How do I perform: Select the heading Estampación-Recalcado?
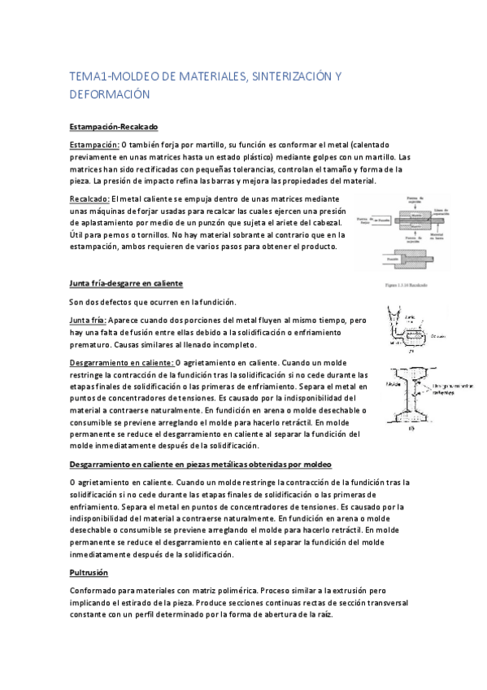pos(113,128)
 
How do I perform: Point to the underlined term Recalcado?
pos(89,199)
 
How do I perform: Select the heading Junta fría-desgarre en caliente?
pos(126,283)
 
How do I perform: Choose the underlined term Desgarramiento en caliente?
pos(122,362)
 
